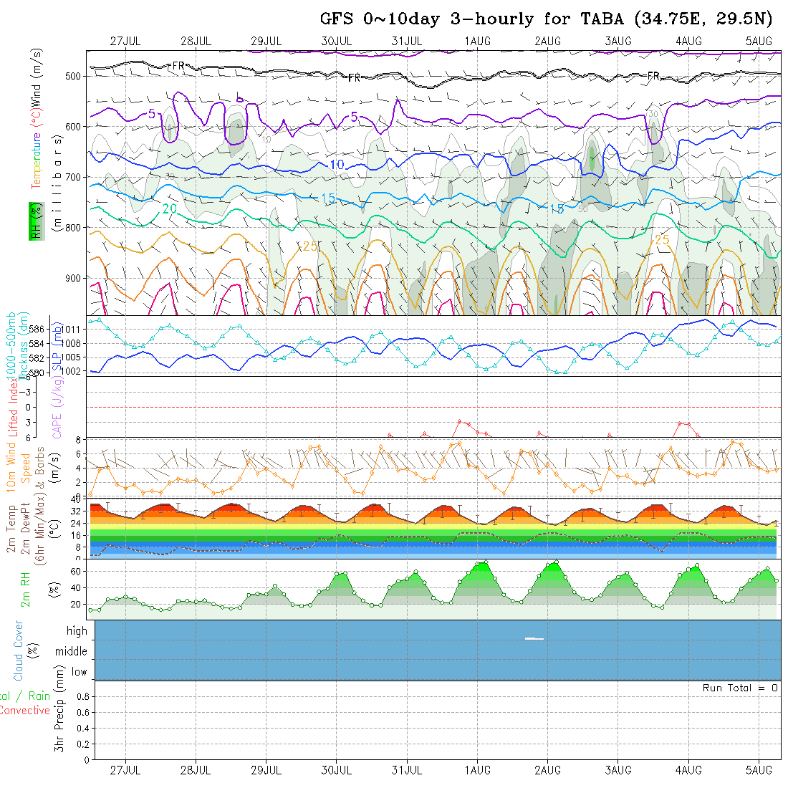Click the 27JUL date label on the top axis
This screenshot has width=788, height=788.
click(x=125, y=41)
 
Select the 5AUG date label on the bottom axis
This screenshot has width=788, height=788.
click(x=759, y=769)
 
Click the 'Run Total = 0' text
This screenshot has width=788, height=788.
click(x=740, y=688)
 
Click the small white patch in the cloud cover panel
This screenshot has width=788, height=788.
click(x=534, y=638)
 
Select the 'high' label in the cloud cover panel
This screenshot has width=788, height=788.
click(x=77, y=631)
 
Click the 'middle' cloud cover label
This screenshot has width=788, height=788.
click(x=72, y=651)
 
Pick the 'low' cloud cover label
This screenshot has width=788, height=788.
click(x=79, y=672)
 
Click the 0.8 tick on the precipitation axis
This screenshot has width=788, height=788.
click(x=82, y=696)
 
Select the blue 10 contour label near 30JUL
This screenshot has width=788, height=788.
click(x=337, y=165)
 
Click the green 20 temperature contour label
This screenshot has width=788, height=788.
click(x=170, y=208)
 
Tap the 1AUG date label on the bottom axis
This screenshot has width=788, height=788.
click(x=477, y=769)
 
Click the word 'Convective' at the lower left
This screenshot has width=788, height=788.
click(x=25, y=711)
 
